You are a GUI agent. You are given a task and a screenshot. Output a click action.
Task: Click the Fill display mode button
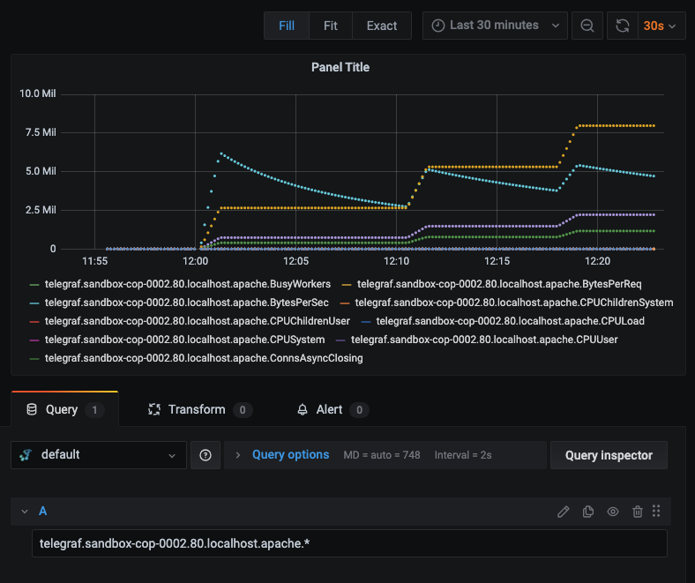point(287,26)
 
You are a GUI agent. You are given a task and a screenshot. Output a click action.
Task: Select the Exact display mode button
point(382,26)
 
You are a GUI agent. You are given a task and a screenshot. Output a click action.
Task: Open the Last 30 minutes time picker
point(495,26)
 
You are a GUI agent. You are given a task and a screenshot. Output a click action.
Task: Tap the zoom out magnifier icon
point(587,26)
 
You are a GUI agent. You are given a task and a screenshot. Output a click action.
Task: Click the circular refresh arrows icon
point(623,26)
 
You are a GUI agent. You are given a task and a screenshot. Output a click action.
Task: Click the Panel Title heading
point(340,67)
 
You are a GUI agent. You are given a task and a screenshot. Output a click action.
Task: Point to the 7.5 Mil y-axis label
point(41,132)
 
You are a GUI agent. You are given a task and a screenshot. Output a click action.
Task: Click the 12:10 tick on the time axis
point(396,261)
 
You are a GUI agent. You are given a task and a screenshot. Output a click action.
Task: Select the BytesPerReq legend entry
point(492,284)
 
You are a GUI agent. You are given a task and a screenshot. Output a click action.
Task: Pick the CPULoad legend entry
point(503,321)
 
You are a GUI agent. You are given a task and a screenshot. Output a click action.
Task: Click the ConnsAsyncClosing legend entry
point(196,358)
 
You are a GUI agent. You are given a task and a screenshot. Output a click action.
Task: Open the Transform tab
point(199,409)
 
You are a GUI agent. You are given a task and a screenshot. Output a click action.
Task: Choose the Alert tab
point(333,409)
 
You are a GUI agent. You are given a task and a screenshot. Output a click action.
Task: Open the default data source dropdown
point(99,455)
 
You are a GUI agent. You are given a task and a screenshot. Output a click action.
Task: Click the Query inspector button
point(609,455)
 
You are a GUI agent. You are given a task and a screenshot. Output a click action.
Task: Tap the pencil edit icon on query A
point(563,512)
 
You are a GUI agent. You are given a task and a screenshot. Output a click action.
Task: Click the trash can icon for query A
point(638,512)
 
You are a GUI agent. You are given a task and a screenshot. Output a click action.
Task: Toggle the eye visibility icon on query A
point(613,512)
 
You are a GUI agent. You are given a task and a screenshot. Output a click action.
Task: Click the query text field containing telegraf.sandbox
point(349,543)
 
